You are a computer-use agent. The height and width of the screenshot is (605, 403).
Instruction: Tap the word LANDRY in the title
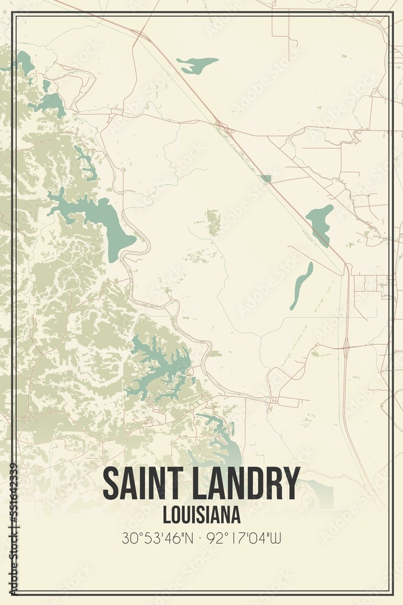pos(242,484)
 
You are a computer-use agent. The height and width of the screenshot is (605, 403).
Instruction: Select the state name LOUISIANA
pos(201,515)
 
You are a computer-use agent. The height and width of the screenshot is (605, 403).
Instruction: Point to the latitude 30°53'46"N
pos(157,538)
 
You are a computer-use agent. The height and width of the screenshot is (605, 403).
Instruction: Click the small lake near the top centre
pos(196,64)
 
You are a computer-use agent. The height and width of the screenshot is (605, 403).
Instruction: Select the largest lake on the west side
pos(97,218)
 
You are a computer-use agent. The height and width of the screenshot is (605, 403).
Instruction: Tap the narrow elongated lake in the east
pos(301,284)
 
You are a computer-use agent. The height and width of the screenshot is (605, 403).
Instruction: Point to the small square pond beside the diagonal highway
pos(265,178)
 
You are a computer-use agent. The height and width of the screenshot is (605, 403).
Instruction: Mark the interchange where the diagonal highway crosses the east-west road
pos(222,127)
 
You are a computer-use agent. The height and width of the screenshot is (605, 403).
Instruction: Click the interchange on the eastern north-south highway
pos(346,347)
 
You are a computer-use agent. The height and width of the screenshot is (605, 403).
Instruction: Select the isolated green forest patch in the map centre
pos(213,222)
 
